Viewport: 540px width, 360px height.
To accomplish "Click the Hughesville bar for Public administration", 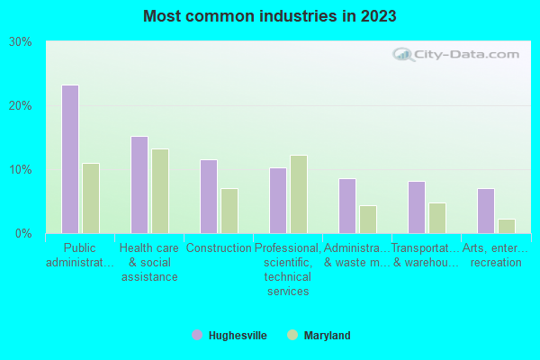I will (x=69, y=159).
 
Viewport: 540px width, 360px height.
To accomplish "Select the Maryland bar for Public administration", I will (x=90, y=198).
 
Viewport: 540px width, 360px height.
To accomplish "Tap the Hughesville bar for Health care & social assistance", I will (x=139, y=184).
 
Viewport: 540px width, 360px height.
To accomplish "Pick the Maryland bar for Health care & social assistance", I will (x=159, y=191).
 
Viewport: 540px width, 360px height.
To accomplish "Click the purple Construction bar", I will (x=208, y=196).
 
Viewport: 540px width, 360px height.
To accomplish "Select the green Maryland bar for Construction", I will (x=229, y=211).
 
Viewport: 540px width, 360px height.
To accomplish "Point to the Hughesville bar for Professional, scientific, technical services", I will (x=277, y=201).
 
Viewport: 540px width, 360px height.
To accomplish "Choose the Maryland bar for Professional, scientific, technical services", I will (x=298, y=194).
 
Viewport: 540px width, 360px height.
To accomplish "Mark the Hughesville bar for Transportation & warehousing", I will (x=416, y=207).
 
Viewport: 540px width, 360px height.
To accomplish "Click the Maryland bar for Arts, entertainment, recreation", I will (x=506, y=226).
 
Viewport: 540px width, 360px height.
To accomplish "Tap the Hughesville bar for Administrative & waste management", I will (x=346, y=206).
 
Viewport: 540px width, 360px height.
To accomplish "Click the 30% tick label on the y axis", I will (x=20, y=42).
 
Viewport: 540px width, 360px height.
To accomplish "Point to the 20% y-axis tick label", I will (x=20, y=106).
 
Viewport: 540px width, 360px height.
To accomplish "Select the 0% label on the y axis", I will (x=23, y=234).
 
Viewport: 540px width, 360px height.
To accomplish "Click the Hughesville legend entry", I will (x=229, y=336).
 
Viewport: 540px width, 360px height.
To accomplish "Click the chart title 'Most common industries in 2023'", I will (x=269, y=16).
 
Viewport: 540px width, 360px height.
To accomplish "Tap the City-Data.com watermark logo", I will (x=458, y=54).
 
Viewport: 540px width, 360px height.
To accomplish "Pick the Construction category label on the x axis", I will (x=218, y=248).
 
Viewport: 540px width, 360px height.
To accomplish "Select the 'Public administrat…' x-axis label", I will (x=79, y=255).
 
